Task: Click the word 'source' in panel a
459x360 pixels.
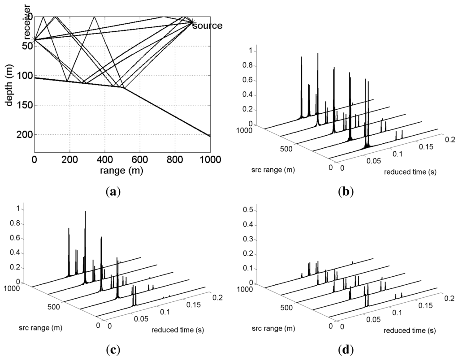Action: click(x=207, y=26)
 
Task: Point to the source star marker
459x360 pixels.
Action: click(x=191, y=21)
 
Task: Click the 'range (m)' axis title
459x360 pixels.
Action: click(x=122, y=170)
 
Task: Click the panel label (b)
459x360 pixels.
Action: click(x=345, y=192)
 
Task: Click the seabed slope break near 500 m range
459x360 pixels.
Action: click(x=122, y=87)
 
